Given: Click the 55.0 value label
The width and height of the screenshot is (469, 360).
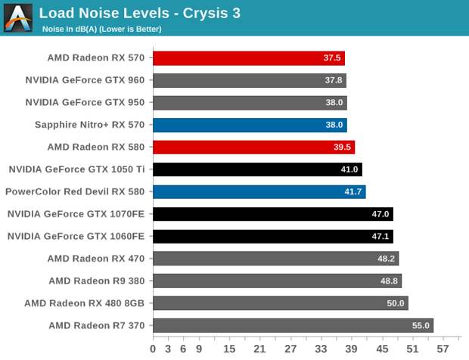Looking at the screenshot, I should (x=421, y=326).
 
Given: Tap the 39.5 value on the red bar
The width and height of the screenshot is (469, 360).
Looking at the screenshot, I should (x=343, y=147).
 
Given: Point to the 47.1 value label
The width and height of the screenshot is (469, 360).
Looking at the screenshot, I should (x=380, y=237).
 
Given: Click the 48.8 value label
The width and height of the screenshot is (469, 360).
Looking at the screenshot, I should (x=390, y=281).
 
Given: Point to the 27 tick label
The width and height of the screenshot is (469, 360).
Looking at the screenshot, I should (x=290, y=349).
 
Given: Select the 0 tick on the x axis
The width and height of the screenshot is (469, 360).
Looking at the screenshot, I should (x=153, y=349).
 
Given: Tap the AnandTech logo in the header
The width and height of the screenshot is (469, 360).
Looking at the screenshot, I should (x=18, y=17).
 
